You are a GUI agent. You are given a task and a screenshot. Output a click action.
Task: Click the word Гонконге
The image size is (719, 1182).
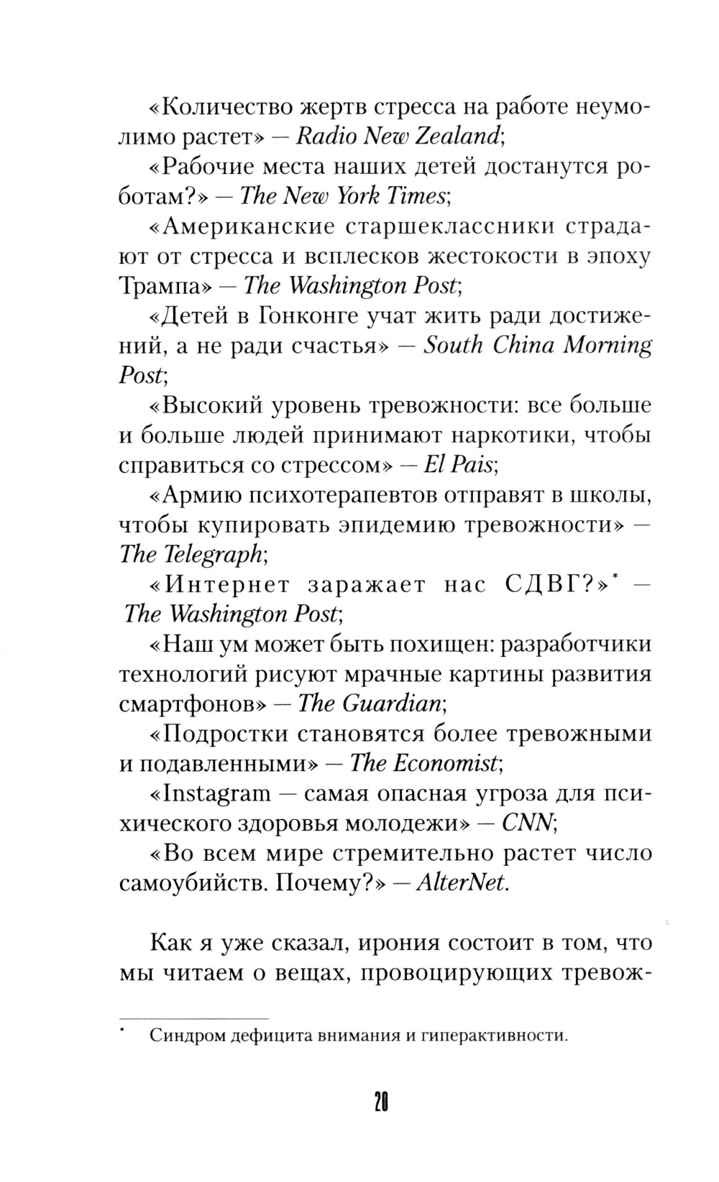click(307, 315)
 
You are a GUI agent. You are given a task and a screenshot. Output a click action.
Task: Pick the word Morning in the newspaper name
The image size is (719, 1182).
click(608, 346)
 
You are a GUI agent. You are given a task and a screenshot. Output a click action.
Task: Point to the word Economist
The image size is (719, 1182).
click(446, 763)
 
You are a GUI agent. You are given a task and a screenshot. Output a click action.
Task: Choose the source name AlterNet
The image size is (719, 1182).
click(460, 883)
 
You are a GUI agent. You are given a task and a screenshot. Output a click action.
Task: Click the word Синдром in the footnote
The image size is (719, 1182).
click(182, 1035)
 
